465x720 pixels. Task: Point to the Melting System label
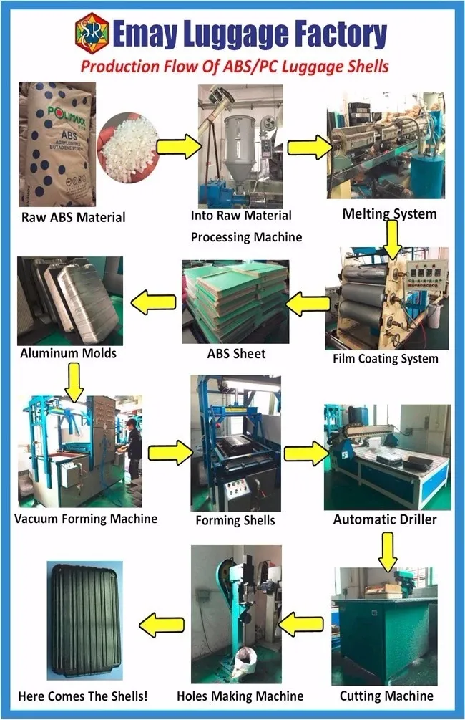tap(389, 213)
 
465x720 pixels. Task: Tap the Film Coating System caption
tap(386, 358)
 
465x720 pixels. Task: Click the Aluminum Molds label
tap(69, 353)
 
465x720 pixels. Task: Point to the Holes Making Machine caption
tap(240, 696)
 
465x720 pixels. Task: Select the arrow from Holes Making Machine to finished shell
tap(158, 625)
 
